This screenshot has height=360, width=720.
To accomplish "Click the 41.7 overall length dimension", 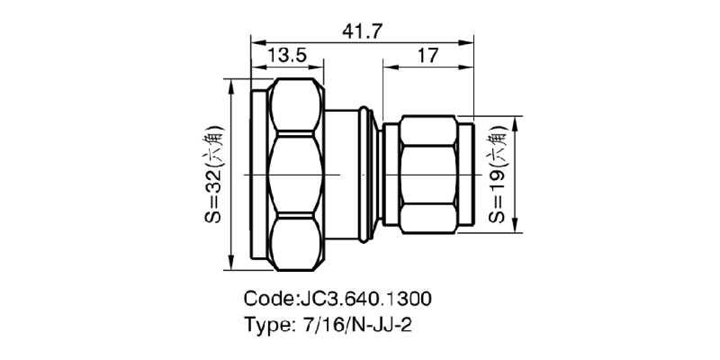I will click(363, 31).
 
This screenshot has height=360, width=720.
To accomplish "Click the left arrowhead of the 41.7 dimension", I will click(256, 41).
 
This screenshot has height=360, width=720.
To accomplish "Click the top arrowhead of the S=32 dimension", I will click(234, 83).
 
